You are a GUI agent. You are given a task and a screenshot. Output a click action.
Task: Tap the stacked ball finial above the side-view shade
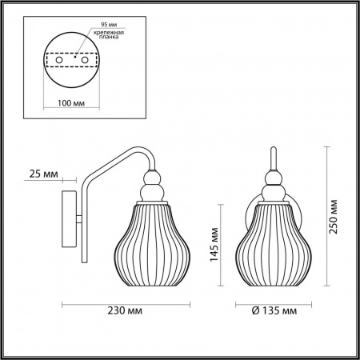(150, 189)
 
